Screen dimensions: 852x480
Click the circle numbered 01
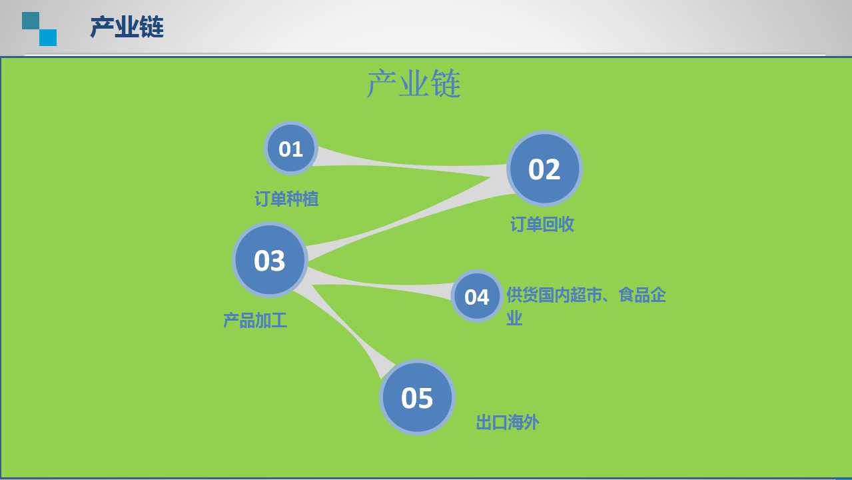point(291,148)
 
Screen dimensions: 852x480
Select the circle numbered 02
point(544,169)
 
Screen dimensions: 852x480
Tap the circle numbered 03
point(270,260)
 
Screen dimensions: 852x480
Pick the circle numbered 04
point(477,296)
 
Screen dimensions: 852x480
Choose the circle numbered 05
point(417,397)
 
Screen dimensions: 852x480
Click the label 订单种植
point(286,199)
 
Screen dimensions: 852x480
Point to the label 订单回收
point(542,224)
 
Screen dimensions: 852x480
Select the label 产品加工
point(255,320)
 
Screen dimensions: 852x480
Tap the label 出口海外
point(508,422)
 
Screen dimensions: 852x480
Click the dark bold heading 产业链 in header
point(127,27)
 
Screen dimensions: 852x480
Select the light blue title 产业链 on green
point(414,83)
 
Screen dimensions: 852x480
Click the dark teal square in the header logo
point(31,21)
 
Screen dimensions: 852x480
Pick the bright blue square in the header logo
point(48,38)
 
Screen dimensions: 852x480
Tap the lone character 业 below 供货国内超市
point(514,318)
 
